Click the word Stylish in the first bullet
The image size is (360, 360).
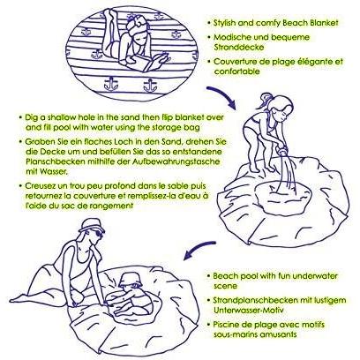pyautogui.click(x=224, y=23)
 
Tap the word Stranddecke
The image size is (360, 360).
pyautogui.click(x=239, y=47)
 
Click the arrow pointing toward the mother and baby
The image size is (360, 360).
pyautogui.click(x=199, y=248)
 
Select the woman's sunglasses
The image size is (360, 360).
pyautogui.click(x=99, y=234)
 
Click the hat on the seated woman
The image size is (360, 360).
pyautogui.click(x=91, y=226)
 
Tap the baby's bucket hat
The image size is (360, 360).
pyautogui.click(x=131, y=280)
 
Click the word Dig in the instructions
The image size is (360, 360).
pyautogui.click(x=31, y=117)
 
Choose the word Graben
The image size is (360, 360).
pyautogui.click(x=37, y=142)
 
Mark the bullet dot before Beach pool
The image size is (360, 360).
pyautogui.click(x=208, y=276)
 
